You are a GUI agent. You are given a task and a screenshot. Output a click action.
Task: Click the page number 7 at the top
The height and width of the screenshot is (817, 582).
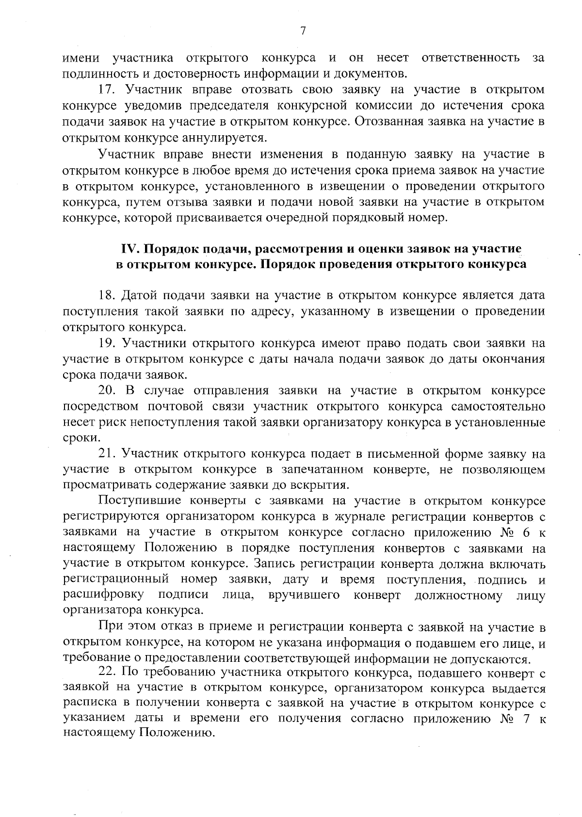tap(303, 31)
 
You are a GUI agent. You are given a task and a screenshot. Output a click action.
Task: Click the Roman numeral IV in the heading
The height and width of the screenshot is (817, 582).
tap(130, 249)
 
